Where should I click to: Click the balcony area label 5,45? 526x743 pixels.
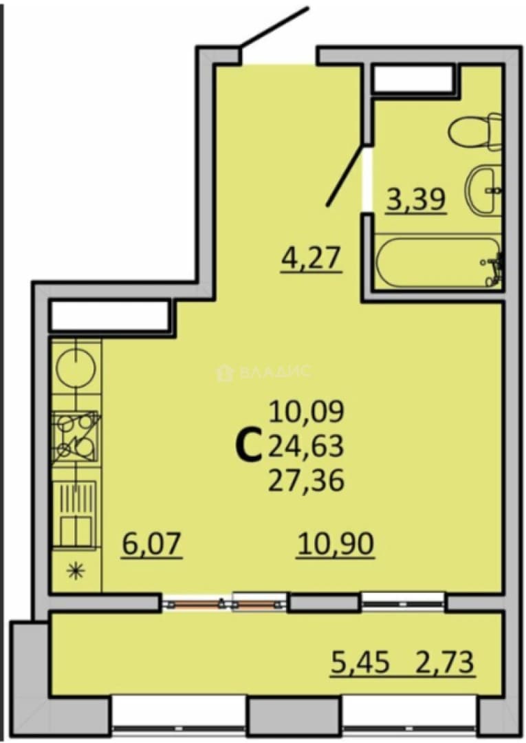(x=360, y=662)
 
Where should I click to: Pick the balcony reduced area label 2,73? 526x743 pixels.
(x=445, y=662)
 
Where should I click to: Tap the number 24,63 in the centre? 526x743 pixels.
(x=306, y=446)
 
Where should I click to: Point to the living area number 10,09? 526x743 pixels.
(x=307, y=411)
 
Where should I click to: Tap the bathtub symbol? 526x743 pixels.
(x=438, y=262)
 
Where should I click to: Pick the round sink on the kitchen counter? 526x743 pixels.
(x=76, y=368)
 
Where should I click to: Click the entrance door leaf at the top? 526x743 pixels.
(x=274, y=27)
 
